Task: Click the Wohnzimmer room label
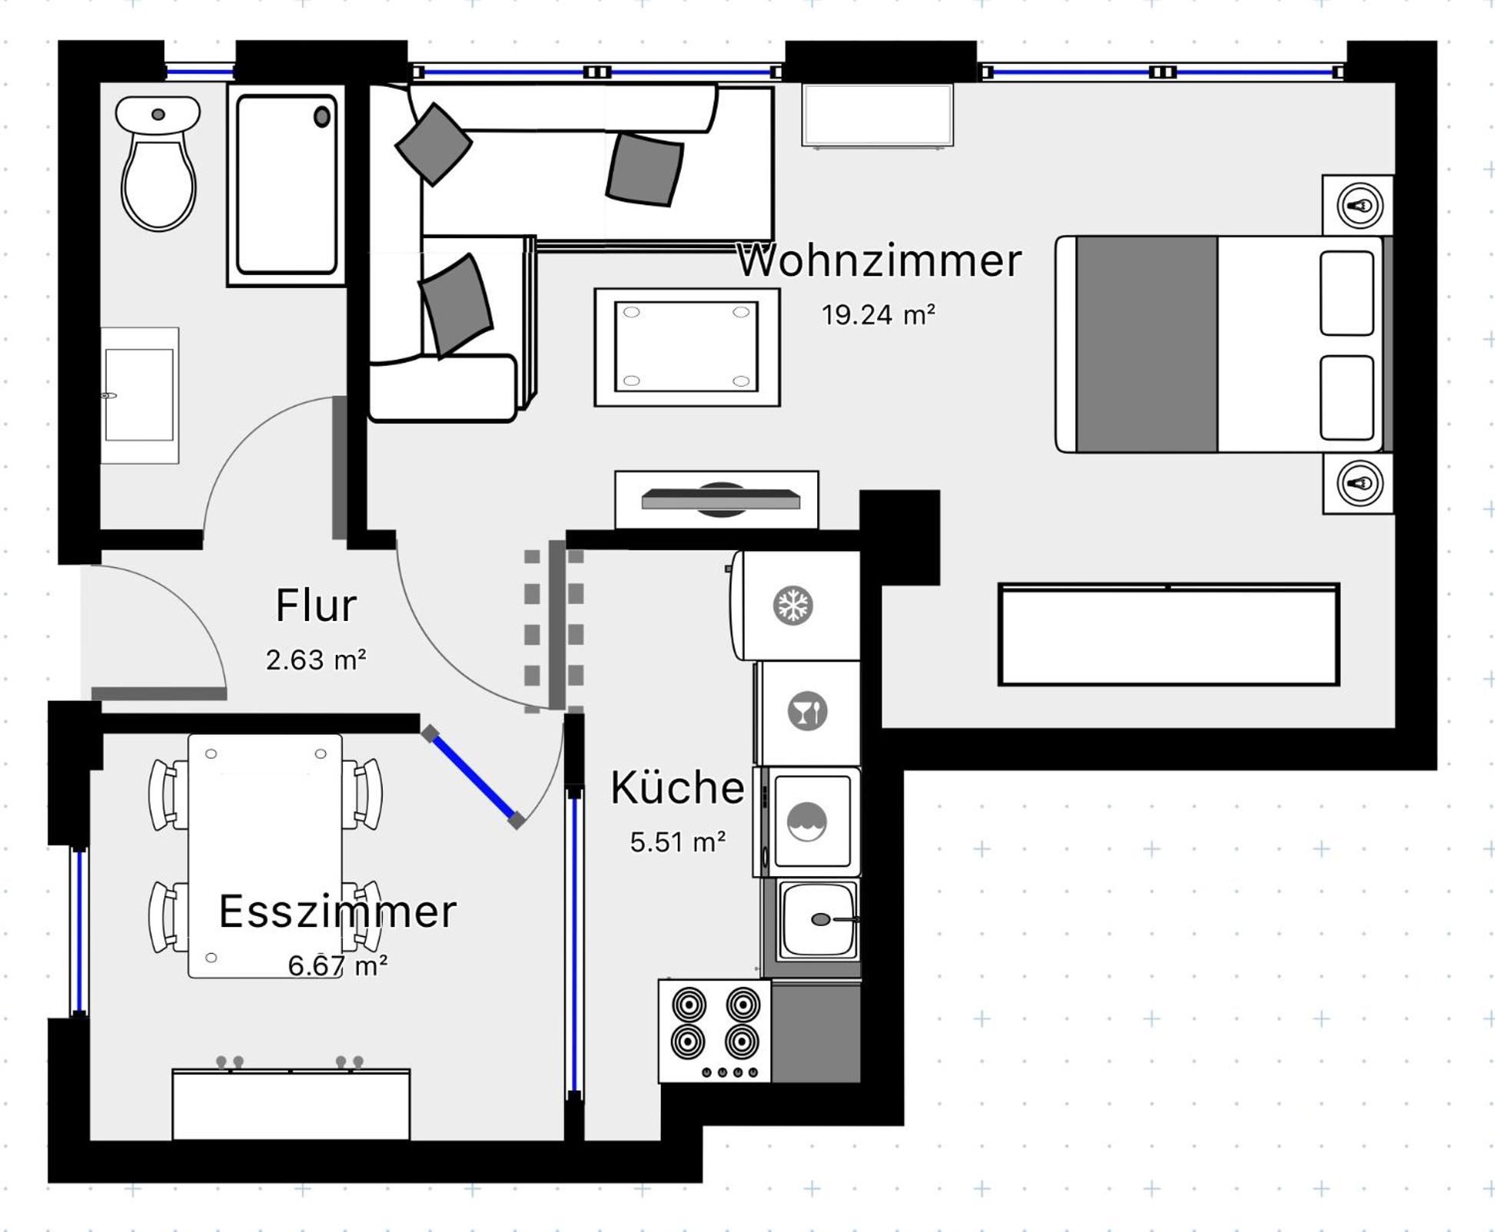(879, 261)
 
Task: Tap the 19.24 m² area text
(879, 314)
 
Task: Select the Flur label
(316, 605)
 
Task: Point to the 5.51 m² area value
(678, 842)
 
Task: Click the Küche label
(677, 788)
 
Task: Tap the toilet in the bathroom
(158, 163)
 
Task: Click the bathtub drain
(322, 117)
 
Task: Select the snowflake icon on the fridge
(792, 605)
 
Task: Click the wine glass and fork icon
(807, 710)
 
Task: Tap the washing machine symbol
(807, 822)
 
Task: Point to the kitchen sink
(818, 920)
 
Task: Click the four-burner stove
(714, 1031)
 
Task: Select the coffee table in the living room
(687, 347)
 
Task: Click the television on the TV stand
(720, 500)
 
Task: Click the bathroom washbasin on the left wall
(139, 395)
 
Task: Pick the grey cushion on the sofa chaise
(456, 306)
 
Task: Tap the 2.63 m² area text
(316, 659)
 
